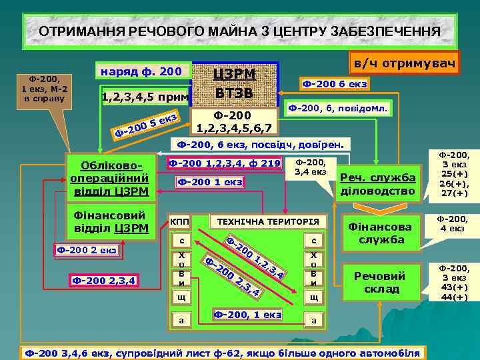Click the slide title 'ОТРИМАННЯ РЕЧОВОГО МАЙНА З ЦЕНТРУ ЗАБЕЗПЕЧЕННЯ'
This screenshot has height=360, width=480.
point(239,31)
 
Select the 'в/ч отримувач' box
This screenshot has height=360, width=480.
point(405,64)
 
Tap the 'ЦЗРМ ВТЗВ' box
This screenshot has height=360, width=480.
point(233,83)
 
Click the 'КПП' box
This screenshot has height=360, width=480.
point(179,221)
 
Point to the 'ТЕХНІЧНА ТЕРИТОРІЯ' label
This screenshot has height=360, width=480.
point(264,221)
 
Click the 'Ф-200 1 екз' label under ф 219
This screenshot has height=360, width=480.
point(209,181)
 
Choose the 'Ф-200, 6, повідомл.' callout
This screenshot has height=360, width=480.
point(339,107)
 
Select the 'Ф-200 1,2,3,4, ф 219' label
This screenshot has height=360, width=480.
point(225,162)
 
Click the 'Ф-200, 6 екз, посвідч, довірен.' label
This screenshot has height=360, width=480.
point(259,143)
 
